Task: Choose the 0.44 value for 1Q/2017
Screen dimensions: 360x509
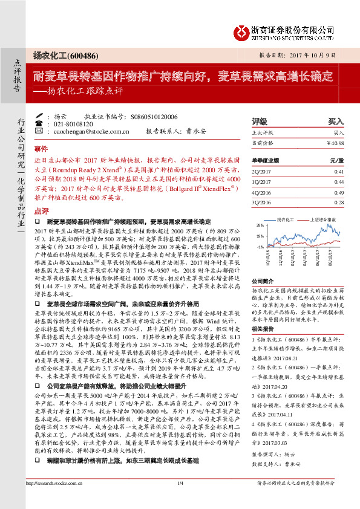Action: [338, 181]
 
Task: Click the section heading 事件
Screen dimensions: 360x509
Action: [41, 148]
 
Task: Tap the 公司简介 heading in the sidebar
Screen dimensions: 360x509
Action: [263, 282]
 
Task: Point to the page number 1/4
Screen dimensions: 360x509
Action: [180, 499]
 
